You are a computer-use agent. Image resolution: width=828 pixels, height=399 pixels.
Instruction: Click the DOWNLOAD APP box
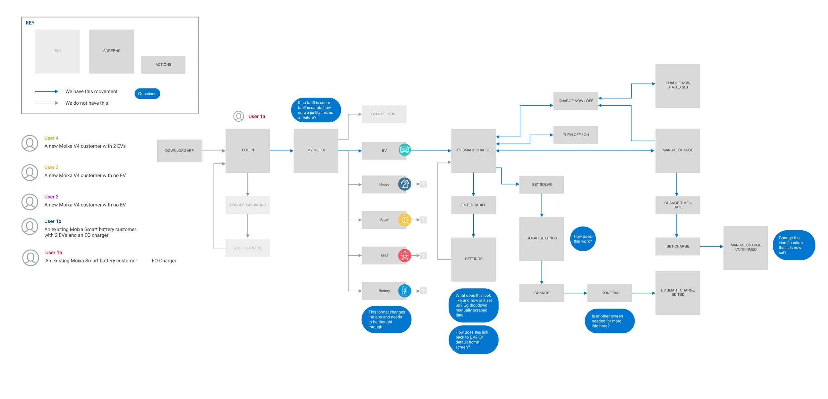[179, 150]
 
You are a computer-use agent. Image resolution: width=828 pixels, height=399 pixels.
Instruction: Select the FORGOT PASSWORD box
[248, 205]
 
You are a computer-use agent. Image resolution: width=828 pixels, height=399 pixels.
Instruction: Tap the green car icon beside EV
[404, 150]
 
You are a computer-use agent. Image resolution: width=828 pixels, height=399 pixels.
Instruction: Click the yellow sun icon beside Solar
[404, 220]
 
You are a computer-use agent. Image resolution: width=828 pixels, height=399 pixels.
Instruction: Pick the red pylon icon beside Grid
[404, 255]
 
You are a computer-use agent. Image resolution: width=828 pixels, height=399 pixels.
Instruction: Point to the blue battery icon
[404, 291]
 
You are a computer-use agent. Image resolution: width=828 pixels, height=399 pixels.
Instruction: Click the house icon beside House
[404, 184]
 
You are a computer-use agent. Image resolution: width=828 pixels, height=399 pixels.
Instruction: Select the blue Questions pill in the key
[147, 93]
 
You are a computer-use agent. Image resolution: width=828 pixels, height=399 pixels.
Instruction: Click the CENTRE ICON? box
[384, 114]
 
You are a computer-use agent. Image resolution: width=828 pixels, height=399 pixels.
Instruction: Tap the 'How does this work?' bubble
[583, 239]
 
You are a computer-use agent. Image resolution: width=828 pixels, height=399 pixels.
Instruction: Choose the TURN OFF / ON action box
[575, 135]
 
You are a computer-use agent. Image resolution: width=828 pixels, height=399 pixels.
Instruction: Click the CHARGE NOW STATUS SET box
[677, 85]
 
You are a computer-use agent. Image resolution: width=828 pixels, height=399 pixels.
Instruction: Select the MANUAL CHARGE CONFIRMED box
[745, 247]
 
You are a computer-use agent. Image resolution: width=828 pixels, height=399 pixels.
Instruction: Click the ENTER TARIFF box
[473, 205]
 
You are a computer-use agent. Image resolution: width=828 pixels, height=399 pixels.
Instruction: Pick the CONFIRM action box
[609, 293]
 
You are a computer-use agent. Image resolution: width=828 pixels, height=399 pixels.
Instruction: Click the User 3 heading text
[51, 167]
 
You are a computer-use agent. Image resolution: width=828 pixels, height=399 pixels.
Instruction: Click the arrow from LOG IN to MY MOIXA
[282, 151]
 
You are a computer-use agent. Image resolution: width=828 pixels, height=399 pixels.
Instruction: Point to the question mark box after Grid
[423, 256]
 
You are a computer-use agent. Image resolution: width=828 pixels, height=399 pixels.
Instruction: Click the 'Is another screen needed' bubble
[609, 321]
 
